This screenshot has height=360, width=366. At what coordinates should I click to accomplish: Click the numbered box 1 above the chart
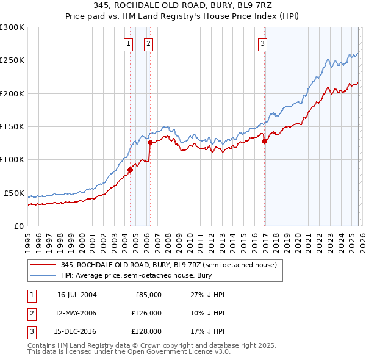[129, 43]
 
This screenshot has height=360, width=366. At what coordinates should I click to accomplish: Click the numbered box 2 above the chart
[148, 43]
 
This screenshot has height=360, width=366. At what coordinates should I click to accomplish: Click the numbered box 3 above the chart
[262, 43]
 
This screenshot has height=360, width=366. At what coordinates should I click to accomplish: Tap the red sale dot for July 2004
[130, 170]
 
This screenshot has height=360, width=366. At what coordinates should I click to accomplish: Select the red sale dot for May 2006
[150, 143]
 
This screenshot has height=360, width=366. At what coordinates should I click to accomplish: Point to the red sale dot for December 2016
[265, 142]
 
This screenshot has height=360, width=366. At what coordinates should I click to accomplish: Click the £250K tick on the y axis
[12, 60]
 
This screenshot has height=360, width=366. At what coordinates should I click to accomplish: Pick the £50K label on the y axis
[13, 193]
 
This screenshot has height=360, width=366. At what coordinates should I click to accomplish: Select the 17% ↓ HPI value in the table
[207, 332]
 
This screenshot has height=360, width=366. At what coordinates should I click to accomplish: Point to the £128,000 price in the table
[146, 332]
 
